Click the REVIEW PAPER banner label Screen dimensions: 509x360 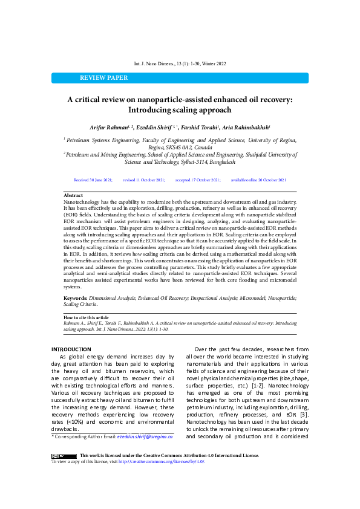(103, 78)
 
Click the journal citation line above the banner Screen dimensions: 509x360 (180, 64)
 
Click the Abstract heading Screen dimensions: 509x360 (73, 196)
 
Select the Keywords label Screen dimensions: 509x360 (76, 299)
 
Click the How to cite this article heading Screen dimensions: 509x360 (87, 317)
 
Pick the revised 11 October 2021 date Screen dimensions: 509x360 (143, 180)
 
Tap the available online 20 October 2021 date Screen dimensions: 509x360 (258, 180)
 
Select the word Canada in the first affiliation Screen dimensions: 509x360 (203, 147)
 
